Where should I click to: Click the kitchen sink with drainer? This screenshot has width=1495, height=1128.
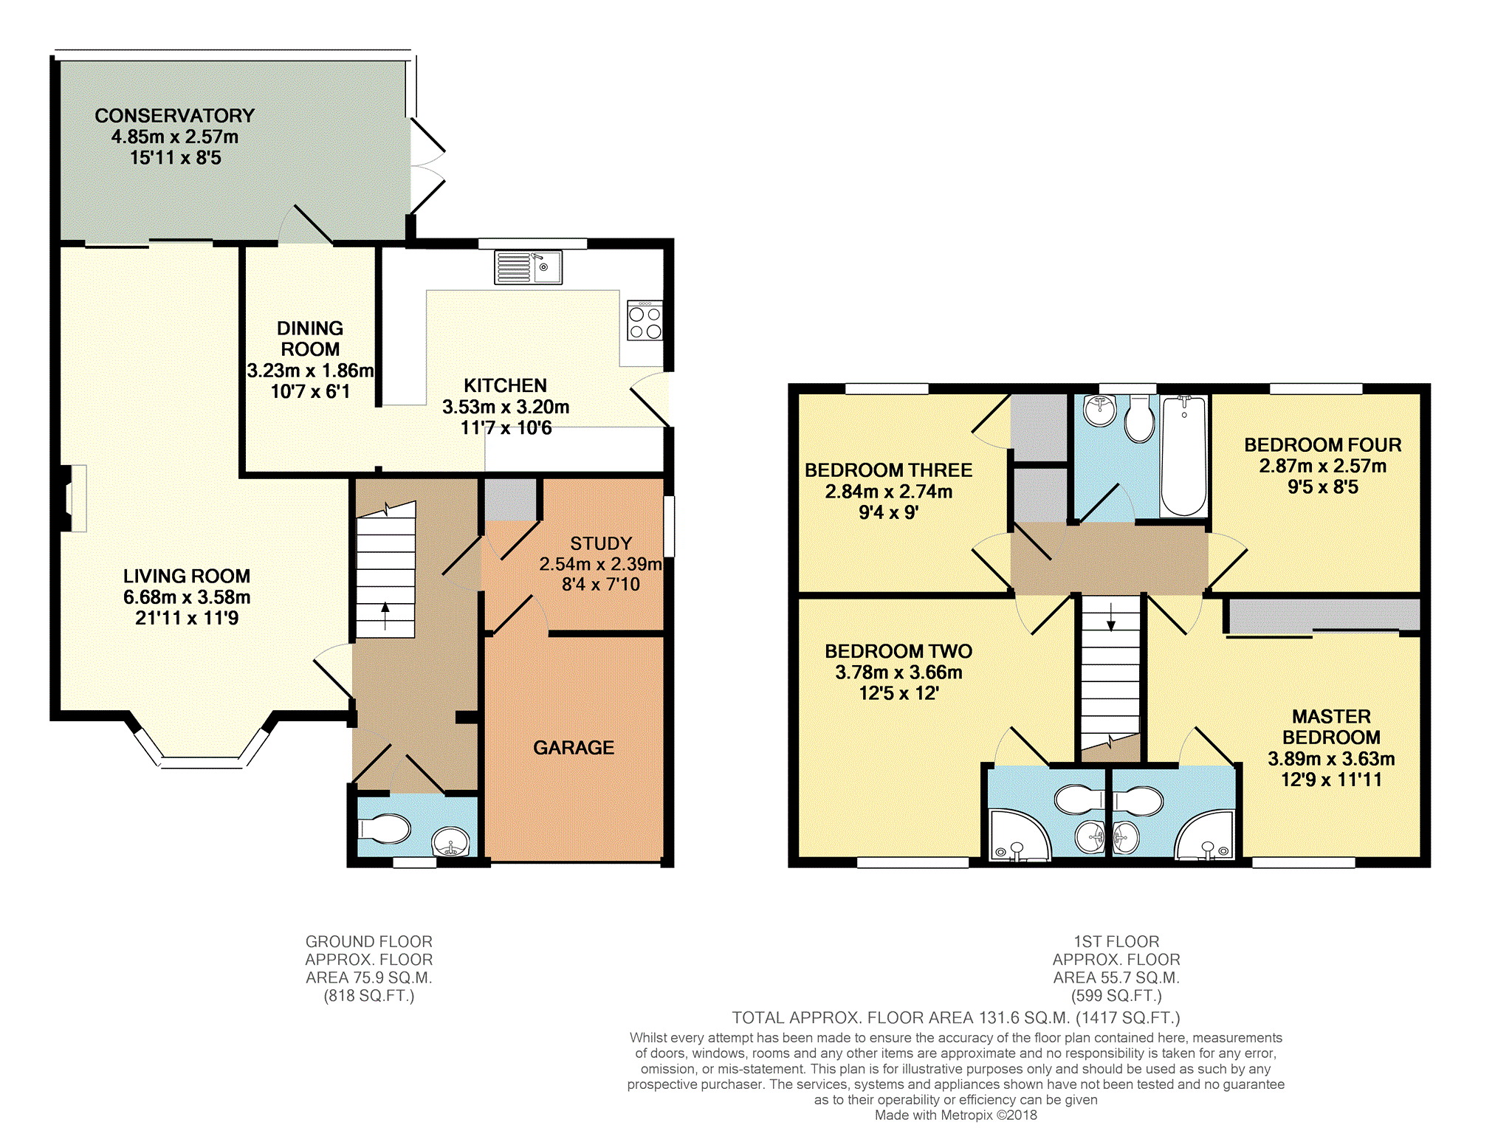528,267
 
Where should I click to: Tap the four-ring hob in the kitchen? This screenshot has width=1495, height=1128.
645,320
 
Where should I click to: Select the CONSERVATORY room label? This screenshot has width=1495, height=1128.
175,116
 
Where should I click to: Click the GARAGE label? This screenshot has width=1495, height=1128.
574,748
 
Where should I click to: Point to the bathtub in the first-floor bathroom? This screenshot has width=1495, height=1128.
1184,455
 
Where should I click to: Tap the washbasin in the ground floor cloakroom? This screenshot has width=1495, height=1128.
450,842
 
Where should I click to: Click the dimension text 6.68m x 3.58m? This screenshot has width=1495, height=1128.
187,597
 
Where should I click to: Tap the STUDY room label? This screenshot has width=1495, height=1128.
601,543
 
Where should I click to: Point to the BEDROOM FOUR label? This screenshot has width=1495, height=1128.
1323,445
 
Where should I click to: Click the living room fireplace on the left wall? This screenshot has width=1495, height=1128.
72,498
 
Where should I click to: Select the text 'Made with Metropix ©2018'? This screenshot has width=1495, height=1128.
956,1115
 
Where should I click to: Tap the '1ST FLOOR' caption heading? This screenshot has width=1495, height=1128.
1116,942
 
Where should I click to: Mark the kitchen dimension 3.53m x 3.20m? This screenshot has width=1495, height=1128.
506,407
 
